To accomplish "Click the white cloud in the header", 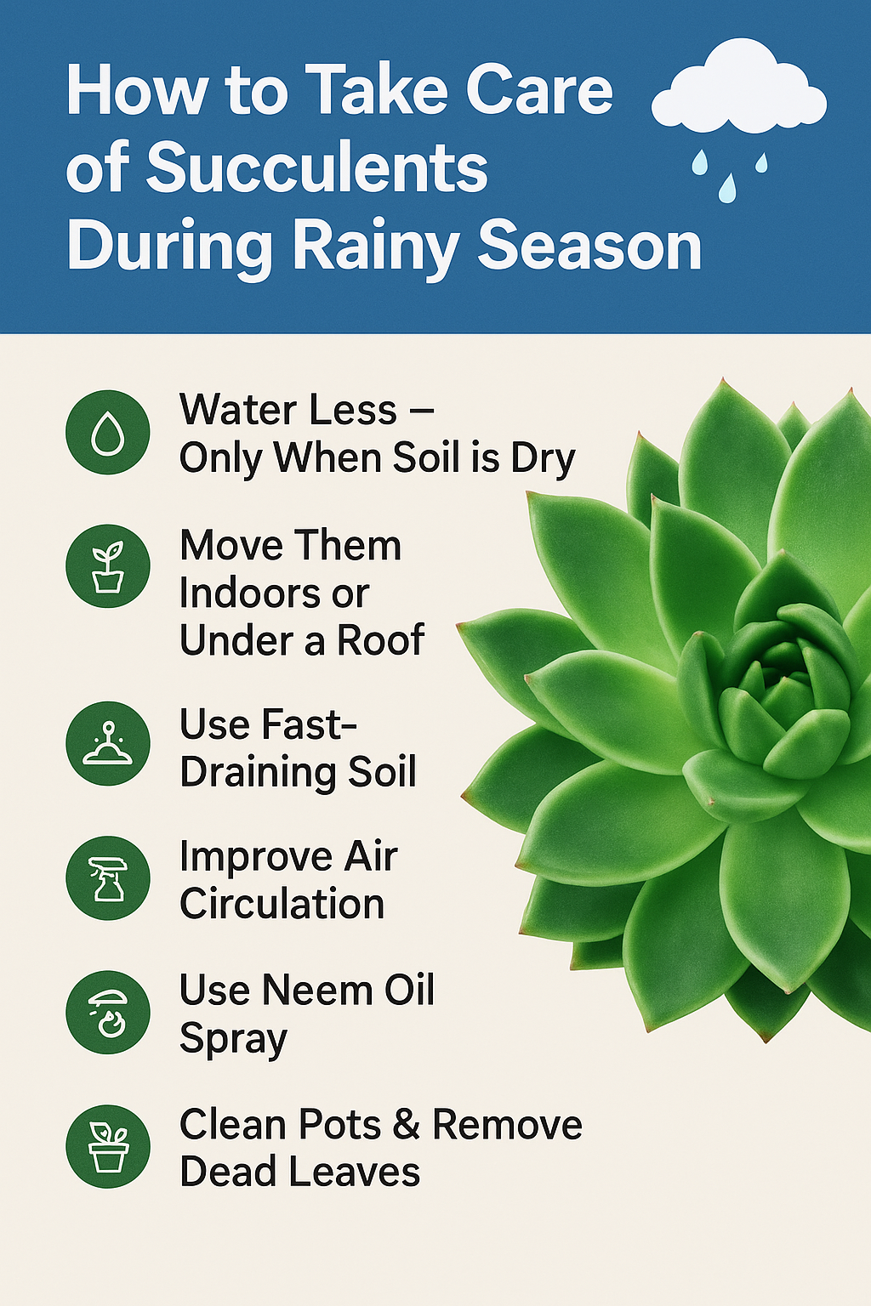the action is [738, 85].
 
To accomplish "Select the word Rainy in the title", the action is [374, 247].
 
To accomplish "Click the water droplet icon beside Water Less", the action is [108, 432].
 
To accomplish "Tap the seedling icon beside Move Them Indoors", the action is [108, 566].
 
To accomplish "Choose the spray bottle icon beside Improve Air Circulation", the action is [108, 878].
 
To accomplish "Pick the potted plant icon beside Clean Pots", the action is [108, 1146].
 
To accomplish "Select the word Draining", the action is [257, 774].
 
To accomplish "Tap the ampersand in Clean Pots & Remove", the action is [406, 1125].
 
